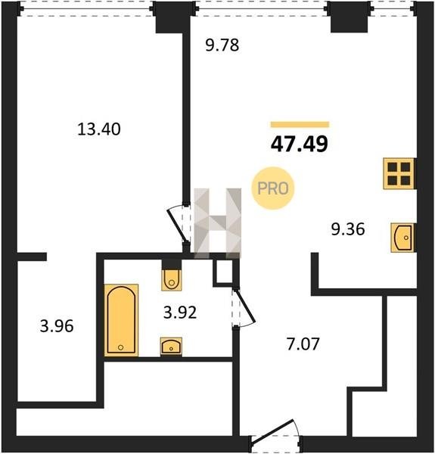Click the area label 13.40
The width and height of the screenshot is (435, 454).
click(99, 129)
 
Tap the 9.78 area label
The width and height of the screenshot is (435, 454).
click(222, 45)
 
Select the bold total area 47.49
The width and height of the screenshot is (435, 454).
click(300, 144)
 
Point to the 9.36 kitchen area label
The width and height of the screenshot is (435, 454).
click(348, 229)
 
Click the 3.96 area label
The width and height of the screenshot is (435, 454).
click(57, 326)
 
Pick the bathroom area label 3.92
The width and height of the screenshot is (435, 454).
click(180, 313)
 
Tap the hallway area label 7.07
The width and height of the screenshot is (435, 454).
click(303, 344)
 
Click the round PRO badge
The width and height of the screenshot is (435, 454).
click(273, 188)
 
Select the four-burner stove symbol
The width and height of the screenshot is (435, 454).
click(399, 174)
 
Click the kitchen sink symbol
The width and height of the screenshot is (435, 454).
click(403, 238)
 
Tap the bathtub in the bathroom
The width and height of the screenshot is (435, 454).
click(121, 320)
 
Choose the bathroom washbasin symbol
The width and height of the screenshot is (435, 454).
click(171, 347)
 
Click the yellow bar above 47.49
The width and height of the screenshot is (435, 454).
click(300, 125)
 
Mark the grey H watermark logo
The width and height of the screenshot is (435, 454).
click(217, 223)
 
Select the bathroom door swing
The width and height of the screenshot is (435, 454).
click(245, 307)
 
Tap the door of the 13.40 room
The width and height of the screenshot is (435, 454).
click(178, 224)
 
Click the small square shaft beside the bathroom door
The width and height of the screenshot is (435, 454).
click(224, 272)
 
